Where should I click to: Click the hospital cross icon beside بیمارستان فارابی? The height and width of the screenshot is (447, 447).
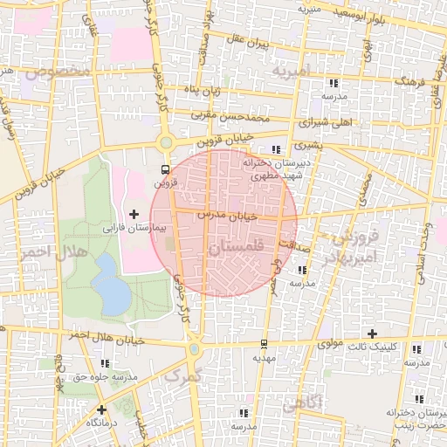[x=134, y=214]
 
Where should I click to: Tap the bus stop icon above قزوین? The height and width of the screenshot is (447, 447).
[x=166, y=169]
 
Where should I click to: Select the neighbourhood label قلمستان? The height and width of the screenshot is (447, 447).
[x=237, y=250]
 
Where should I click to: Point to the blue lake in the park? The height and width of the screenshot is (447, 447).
[x=110, y=285]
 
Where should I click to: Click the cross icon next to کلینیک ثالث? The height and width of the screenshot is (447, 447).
[x=373, y=334]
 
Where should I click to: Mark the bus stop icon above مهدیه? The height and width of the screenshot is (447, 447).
[x=265, y=343]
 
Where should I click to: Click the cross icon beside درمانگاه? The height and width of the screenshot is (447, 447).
[x=102, y=409]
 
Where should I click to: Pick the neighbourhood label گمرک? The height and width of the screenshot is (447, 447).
[x=183, y=375]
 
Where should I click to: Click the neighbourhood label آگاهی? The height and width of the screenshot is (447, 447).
[x=309, y=402]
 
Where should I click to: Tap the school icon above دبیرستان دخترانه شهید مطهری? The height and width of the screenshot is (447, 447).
[x=278, y=150]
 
